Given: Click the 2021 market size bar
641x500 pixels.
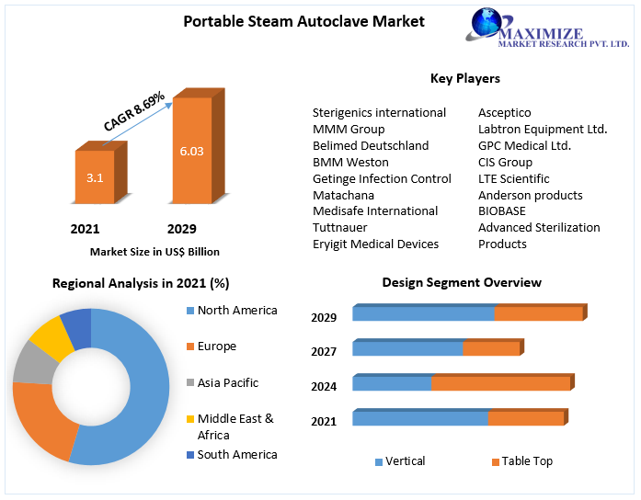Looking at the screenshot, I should (x=95, y=176).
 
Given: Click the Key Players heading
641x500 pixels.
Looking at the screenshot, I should (x=464, y=78).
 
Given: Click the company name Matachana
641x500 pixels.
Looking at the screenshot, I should (x=343, y=195).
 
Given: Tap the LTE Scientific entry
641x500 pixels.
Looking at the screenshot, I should (x=513, y=178).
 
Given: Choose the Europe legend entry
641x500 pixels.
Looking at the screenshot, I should (x=216, y=347).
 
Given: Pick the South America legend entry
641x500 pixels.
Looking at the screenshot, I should (x=237, y=454).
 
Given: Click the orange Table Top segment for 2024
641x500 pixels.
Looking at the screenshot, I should (x=500, y=383).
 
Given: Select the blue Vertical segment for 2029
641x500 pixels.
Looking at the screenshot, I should (x=423, y=313).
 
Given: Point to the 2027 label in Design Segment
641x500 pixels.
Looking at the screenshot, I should (x=324, y=351).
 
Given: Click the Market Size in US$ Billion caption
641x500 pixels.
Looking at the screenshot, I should (x=155, y=251).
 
